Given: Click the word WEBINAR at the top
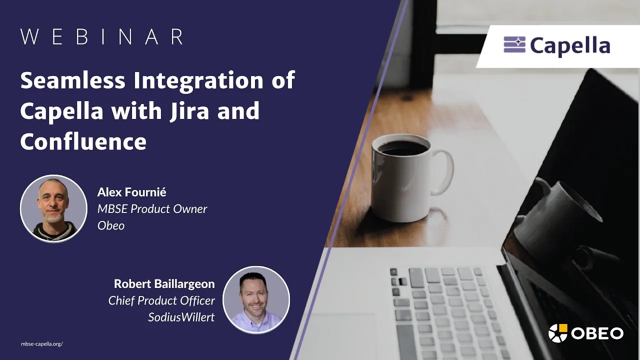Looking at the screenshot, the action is (101, 36).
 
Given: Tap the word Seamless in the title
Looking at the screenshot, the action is (73, 80).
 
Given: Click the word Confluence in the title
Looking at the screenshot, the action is (83, 141).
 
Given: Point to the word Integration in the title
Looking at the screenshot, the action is (198, 81).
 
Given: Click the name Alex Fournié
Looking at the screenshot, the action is (131, 192).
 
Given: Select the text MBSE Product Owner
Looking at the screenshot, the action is (152, 209).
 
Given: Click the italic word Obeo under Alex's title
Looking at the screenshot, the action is (111, 225).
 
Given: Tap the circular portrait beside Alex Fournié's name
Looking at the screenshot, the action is (53, 208).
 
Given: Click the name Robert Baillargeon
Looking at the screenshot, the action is (164, 283).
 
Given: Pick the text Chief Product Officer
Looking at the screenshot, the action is (161, 300).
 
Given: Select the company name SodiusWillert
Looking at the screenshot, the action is (181, 317).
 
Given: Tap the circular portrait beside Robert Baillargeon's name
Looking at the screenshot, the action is (256, 300).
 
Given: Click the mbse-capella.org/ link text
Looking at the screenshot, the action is (41, 344).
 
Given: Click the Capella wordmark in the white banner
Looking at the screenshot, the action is (570, 46).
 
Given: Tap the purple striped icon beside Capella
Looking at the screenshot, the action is (514, 44).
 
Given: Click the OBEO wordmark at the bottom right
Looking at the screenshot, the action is (597, 333).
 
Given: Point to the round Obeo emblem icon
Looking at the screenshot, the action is (557, 333).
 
